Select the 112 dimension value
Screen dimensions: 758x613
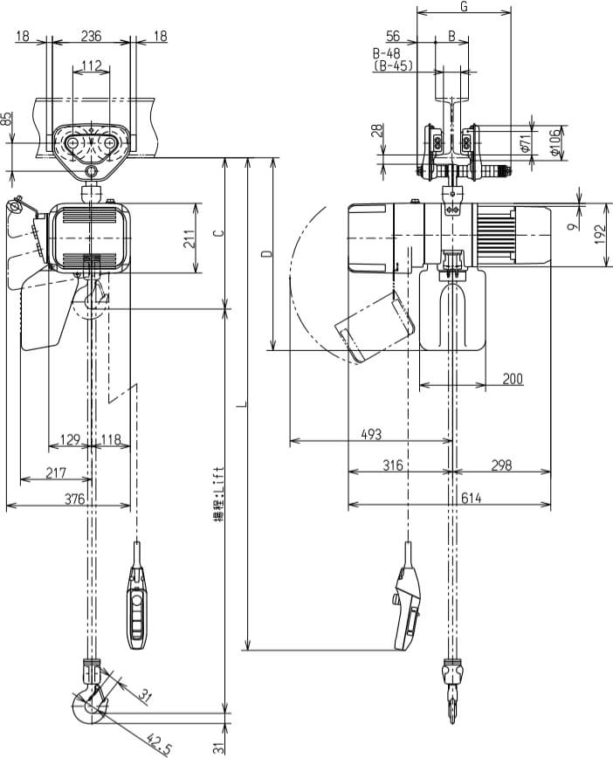tap(92, 65)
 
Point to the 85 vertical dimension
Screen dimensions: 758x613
tap(9, 120)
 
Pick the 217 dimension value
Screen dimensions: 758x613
tap(57, 472)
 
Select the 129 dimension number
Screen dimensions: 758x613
tap(70, 438)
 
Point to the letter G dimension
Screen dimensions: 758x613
tap(463, 7)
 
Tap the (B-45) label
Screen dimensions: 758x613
tap(393, 65)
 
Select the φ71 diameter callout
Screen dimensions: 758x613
tap(525, 142)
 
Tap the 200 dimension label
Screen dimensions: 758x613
tap(513, 378)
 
